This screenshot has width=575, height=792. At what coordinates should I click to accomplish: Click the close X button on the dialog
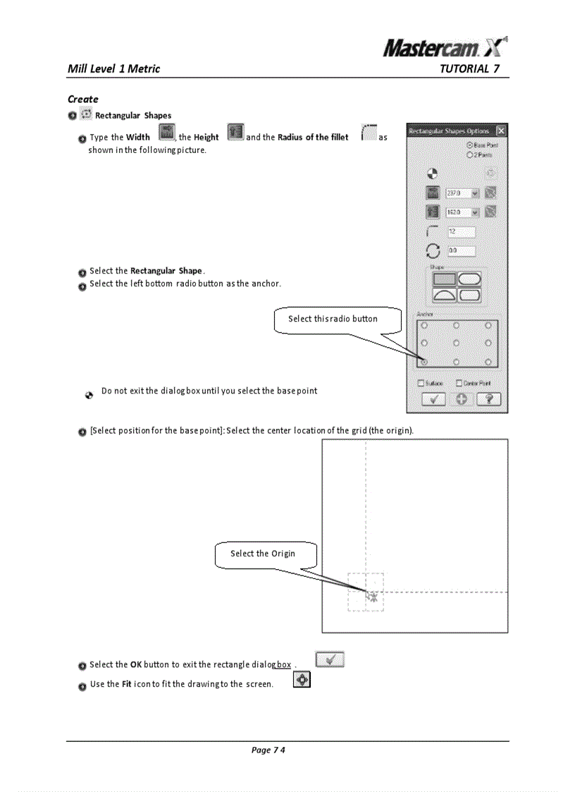[x=500, y=131]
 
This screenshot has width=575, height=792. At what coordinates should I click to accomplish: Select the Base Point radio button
[x=469, y=144]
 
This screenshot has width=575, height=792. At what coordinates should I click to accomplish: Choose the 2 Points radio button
[x=469, y=153]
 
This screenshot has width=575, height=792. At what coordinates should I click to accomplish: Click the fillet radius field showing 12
[x=461, y=231]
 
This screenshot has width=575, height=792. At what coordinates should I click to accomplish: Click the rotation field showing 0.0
[x=461, y=250]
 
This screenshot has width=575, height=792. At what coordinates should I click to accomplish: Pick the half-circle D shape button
[x=444, y=294]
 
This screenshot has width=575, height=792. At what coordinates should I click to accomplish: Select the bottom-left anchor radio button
[x=424, y=361]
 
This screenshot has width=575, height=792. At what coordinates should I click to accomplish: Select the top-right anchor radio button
[x=488, y=326]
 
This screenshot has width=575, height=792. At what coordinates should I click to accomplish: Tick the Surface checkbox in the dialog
[x=421, y=383]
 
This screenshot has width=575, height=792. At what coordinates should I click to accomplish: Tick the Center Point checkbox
[x=459, y=383]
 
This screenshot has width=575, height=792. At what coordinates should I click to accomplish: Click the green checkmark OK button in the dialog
[x=433, y=399]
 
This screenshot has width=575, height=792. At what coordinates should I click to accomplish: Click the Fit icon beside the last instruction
[x=302, y=681]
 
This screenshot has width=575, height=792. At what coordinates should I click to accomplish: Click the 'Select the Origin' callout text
[x=263, y=554]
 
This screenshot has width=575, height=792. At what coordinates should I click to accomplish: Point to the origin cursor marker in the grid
[x=372, y=596]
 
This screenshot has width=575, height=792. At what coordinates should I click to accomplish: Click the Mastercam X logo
[x=445, y=47]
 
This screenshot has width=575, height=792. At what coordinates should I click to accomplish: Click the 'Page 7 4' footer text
[x=268, y=750]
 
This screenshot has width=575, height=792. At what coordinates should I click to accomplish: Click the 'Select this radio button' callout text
[x=333, y=319]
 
